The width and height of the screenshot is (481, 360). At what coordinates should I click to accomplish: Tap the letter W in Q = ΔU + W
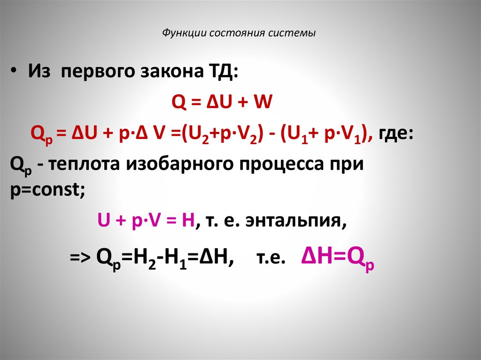262,102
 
